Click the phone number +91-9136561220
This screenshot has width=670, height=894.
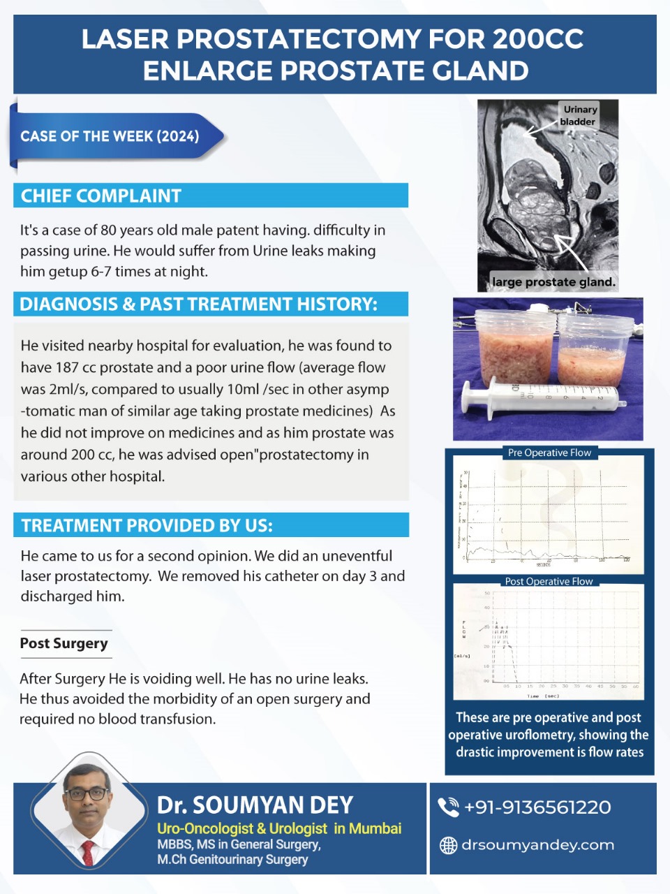point(537,807)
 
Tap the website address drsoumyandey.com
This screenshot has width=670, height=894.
point(537,845)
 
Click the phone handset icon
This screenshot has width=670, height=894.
point(448,807)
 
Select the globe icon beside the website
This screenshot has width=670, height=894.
point(448,845)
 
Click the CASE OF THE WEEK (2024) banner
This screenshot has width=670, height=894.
point(110,136)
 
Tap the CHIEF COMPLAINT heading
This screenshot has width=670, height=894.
point(101,196)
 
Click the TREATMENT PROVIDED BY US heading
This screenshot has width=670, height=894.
point(147,526)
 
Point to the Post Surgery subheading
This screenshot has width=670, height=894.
point(64,643)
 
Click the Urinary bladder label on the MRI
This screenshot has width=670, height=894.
point(579,115)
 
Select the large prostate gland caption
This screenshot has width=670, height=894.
point(554,282)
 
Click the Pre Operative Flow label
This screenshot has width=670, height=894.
point(549,453)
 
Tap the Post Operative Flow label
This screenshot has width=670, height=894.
point(549,581)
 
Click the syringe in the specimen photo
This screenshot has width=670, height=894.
point(544,402)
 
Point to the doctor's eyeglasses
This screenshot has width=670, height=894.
point(87,794)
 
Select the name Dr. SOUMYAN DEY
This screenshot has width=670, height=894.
point(255,805)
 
